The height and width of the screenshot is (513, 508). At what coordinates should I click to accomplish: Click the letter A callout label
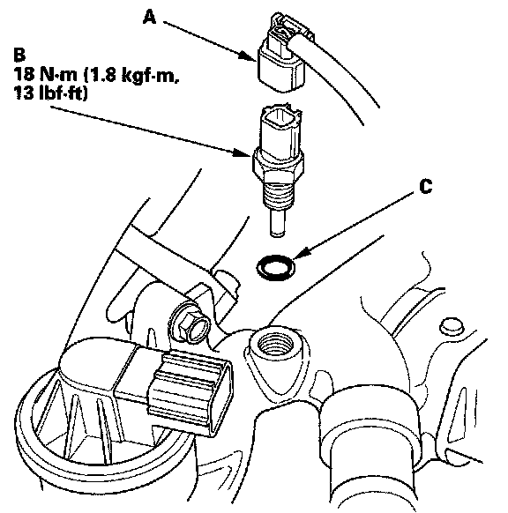[x=150, y=17]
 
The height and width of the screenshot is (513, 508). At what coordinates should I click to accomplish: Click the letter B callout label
[x=19, y=55]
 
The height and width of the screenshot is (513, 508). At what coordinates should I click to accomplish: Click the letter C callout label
[x=425, y=187]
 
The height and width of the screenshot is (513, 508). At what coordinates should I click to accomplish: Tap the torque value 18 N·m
[x=46, y=74]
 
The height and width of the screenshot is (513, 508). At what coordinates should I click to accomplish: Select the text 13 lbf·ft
[x=51, y=93]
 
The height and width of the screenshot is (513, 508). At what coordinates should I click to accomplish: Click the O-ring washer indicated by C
[x=275, y=267]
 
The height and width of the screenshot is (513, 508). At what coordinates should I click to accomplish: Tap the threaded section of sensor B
[x=277, y=194]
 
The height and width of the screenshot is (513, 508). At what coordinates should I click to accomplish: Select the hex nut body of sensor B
[x=278, y=165]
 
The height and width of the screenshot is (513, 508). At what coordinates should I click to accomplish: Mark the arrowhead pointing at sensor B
[x=243, y=152]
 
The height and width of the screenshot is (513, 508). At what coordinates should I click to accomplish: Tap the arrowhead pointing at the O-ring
[x=302, y=254]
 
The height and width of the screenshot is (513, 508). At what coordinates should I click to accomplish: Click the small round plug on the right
[x=452, y=325]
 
